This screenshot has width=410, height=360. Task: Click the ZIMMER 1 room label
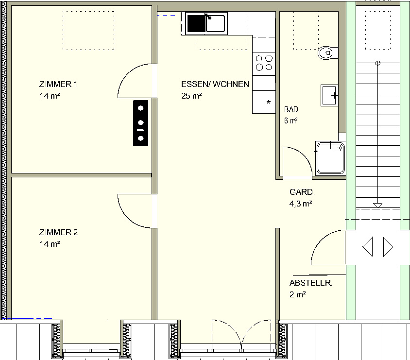(x=58, y=84)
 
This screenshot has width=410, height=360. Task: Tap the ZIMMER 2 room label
(x=59, y=232)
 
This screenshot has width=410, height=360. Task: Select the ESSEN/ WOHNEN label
(x=215, y=84)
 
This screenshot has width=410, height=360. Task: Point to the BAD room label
(x=291, y=109)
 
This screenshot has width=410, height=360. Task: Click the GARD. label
(x=302, y=192)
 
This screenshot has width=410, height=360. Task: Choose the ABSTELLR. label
(x=310, y=283)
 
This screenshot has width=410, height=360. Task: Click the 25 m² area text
(x=191, y=96)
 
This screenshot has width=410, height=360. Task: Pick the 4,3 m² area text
(x=301, y=204)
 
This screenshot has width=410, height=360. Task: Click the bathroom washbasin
(x=329, y=95)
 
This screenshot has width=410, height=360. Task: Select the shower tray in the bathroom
(x=330, y=158)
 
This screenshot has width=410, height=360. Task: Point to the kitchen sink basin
(x=215, y=23)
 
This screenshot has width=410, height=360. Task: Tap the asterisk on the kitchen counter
(x=269, y=102)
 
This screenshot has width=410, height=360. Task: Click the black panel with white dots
(x=141, y=123)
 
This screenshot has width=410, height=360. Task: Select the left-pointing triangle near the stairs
(x=367, y=246)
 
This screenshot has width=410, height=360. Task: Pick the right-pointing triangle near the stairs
(x=388, y=246)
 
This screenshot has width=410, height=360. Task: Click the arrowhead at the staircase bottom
(x=377, y=205)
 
